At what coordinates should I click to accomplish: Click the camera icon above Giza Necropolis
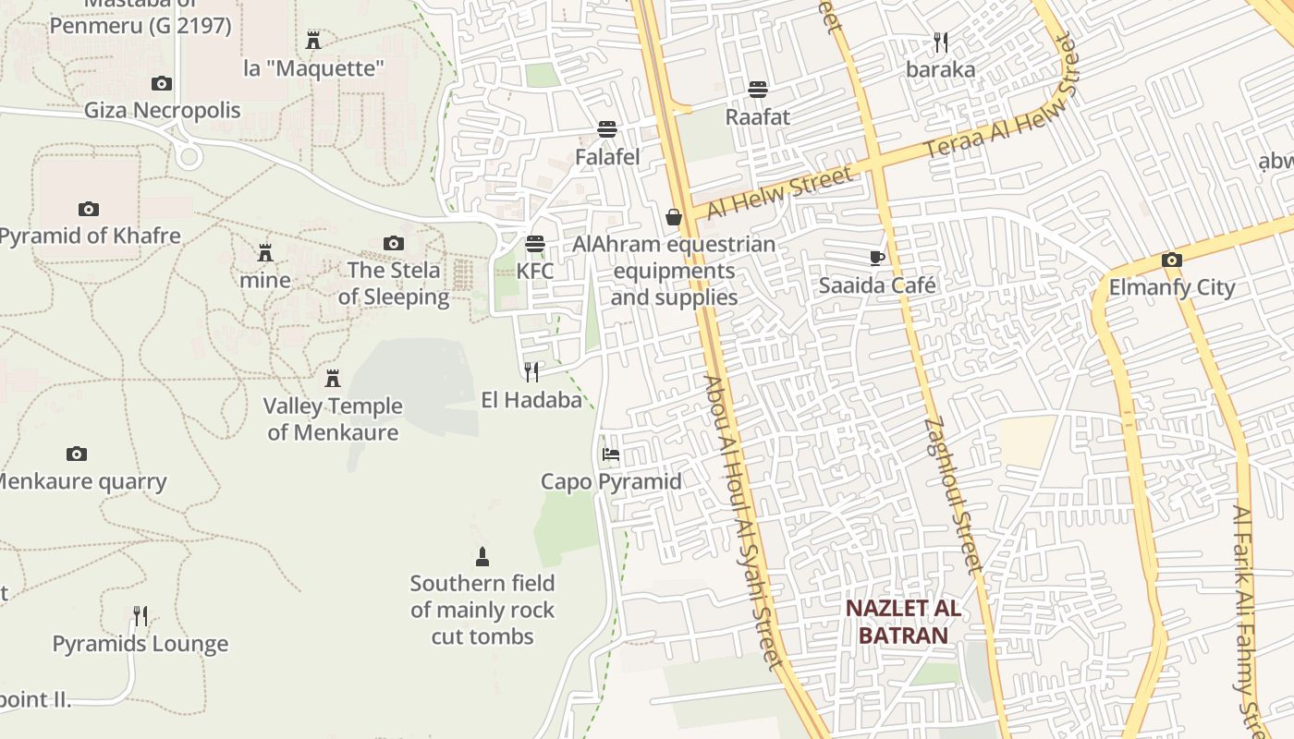point(162,84)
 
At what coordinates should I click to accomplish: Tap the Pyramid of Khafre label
point(90,236)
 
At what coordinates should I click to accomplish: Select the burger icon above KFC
point(535,244)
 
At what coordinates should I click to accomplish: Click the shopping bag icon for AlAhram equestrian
point(674,217)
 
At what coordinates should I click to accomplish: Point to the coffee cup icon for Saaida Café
point(877,258)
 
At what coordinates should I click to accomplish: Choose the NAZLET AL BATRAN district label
point(903,622)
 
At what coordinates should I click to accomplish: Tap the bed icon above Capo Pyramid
point(610,454)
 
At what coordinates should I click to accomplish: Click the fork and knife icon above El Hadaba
point(531,372)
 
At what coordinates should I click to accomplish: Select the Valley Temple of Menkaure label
point(333,418)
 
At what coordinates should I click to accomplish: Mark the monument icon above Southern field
point(482,556)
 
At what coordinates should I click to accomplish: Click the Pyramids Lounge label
point(140,644)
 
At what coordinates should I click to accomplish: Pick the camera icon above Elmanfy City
point(1172,260)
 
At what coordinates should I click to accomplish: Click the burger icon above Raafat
point(758,90)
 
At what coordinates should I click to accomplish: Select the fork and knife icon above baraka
point(941,42)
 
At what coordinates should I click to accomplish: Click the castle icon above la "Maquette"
point(313,40)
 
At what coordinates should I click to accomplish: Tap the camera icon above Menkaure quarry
point(77,454)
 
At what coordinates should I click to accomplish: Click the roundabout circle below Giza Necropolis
point(189,156)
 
